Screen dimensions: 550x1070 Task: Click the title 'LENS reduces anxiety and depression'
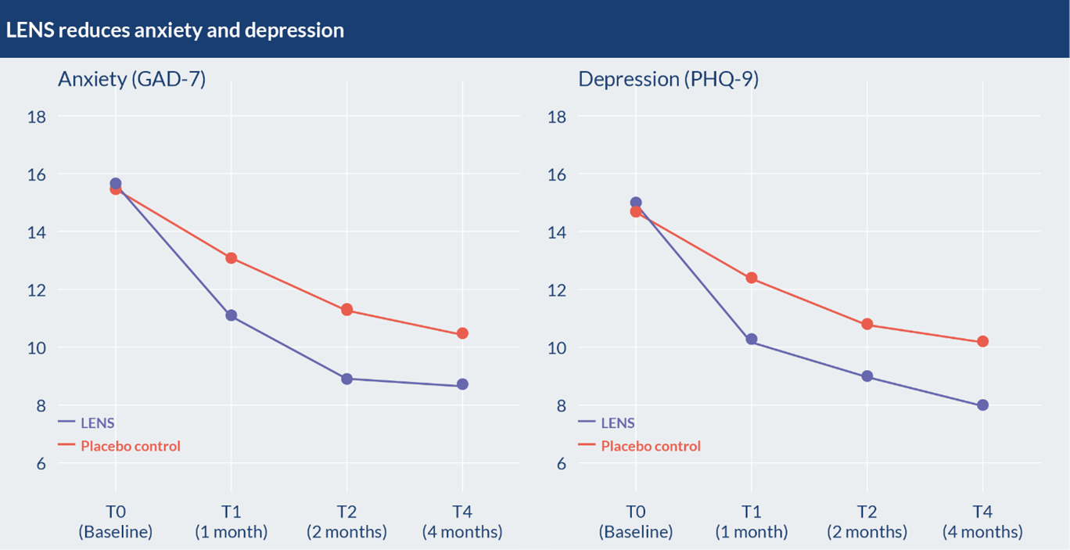tap(174, 31)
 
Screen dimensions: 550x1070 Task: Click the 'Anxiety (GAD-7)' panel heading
tap(131, 79)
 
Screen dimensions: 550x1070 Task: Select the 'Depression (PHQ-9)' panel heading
tap(668, 79)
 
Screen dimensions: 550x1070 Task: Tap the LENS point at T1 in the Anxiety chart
tap(231, 315)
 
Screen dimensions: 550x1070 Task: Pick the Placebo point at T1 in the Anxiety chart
tap(231, 258)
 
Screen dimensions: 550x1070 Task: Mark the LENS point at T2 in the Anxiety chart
tap(346, 379)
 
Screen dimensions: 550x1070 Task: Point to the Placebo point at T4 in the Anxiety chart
tap(462, 333)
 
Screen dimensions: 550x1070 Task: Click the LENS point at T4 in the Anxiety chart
tap(462, 384)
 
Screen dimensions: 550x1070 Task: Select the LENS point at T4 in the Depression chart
tap(982, 405)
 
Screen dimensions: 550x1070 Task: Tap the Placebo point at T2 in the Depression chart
tap(867, 324)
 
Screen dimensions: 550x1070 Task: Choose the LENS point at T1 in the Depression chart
tap(751, 340)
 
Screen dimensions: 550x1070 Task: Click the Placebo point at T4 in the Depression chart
tap(982, 341)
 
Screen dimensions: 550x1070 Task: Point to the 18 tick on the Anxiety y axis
tap(37, 117)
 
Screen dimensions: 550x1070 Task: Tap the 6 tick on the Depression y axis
tap(561, 463)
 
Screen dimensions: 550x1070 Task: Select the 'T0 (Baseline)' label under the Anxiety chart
tap(115, 522)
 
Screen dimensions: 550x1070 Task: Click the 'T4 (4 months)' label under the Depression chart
tap(982, 522)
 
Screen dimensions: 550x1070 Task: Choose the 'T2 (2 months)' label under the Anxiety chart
tap(346, 522)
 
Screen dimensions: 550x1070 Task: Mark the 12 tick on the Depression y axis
tap(557, 290)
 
